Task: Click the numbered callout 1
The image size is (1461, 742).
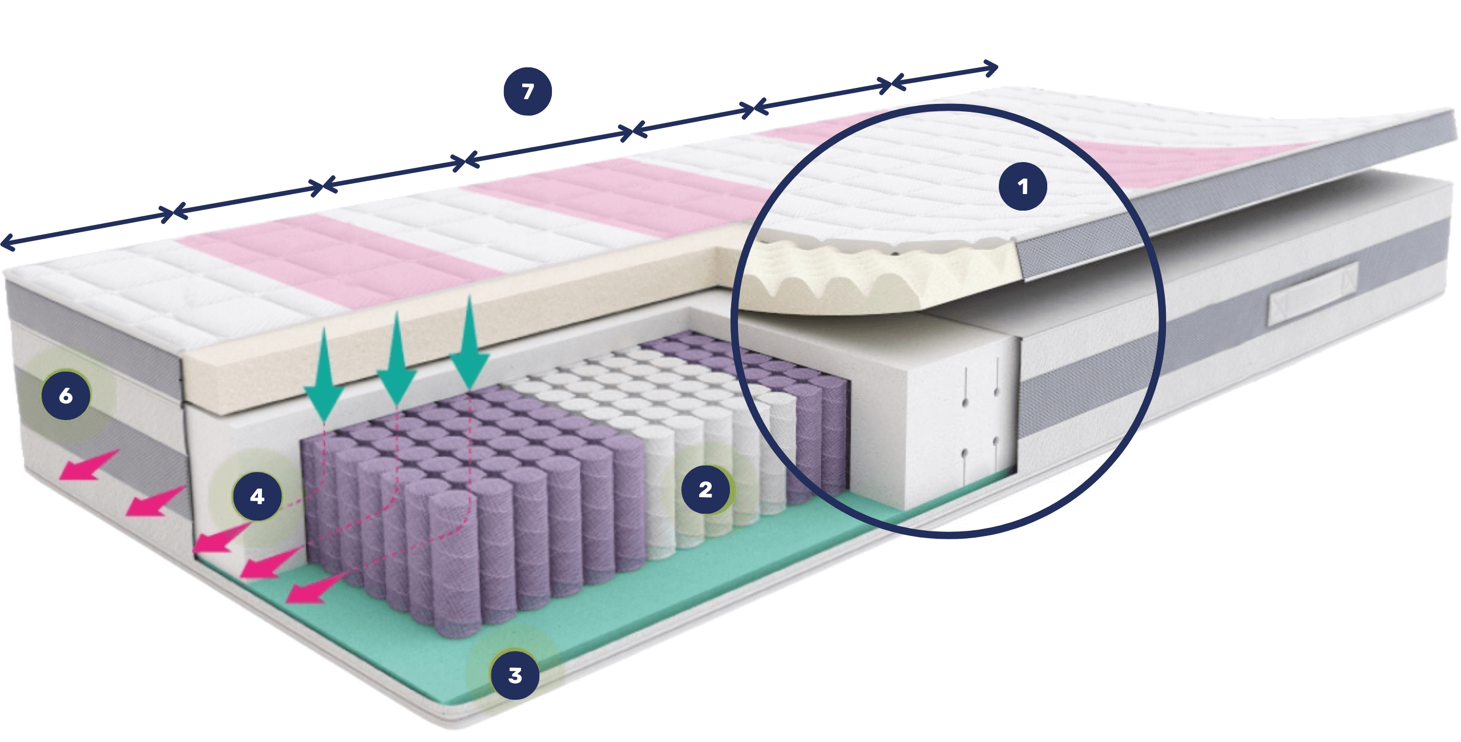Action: pos(1023,186)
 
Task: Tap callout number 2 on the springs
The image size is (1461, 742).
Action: pos(706,489)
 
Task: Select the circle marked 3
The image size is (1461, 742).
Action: pos(515,675)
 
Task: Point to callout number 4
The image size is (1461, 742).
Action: pos(257,496)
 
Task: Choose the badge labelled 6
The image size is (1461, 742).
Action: pos(66,396)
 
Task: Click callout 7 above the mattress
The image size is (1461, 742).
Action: pos(527,91)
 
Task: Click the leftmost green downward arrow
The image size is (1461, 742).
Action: pos(324,374)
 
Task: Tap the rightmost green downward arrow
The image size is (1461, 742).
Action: pos(470,342)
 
